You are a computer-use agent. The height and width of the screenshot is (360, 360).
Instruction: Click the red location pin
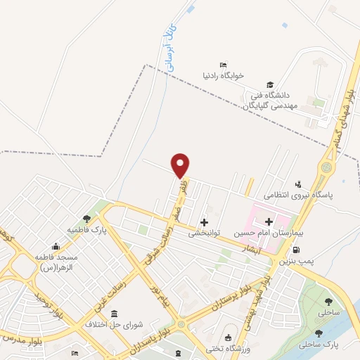(181, 165)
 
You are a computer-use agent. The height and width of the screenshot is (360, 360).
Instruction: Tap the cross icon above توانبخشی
(205, 222)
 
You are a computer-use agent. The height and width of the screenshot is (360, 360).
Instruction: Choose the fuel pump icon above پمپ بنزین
(296, 250)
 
